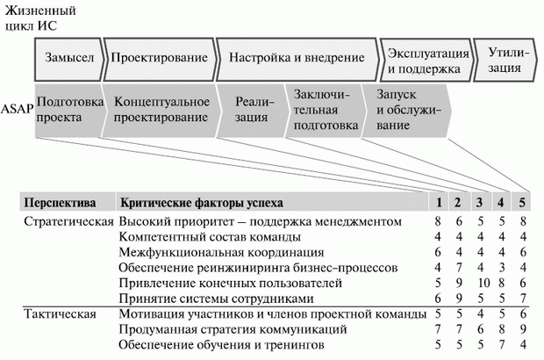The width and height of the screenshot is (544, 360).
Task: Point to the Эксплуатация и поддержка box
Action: pyautogui.click(x=424, y=60)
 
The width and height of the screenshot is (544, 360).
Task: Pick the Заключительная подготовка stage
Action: pyautogui.click(x=326, y=111)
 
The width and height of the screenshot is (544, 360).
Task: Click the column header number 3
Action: pyautogui.click(x=478, y=204)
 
